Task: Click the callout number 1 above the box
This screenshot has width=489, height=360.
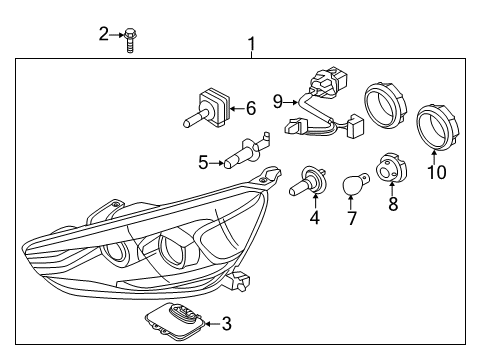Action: [x=252, y=44]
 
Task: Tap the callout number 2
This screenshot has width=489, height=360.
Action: [x=104, y=34]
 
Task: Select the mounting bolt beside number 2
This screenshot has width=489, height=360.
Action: [x=130, y=40]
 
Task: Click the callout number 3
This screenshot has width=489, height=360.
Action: [x=227, y=323]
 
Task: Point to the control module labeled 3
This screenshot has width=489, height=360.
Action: [x=175, y=322]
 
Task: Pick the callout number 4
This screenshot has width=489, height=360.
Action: [x=315, y=217]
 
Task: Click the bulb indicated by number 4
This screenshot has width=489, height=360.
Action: [x=307, y=182]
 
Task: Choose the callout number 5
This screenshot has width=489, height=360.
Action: [x=203, y=163]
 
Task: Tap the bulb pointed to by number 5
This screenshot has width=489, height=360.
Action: [x=247, y=150]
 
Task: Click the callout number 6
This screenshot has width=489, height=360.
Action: [x=251, y=108]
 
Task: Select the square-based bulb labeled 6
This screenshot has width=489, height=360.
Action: [x=207, y=108]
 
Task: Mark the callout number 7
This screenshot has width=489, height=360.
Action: [x=352, y=218]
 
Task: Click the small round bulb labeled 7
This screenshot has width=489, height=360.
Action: [x=354, y=184]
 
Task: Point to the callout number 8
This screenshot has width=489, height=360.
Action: [x=393, y=204]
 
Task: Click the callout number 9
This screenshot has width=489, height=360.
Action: [x=278, y=101]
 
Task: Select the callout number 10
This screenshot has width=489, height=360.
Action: [x=437, y=172]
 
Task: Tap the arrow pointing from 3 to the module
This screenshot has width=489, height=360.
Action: [x=212, y=324]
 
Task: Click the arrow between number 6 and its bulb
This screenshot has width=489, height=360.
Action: [x=238, y=108]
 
